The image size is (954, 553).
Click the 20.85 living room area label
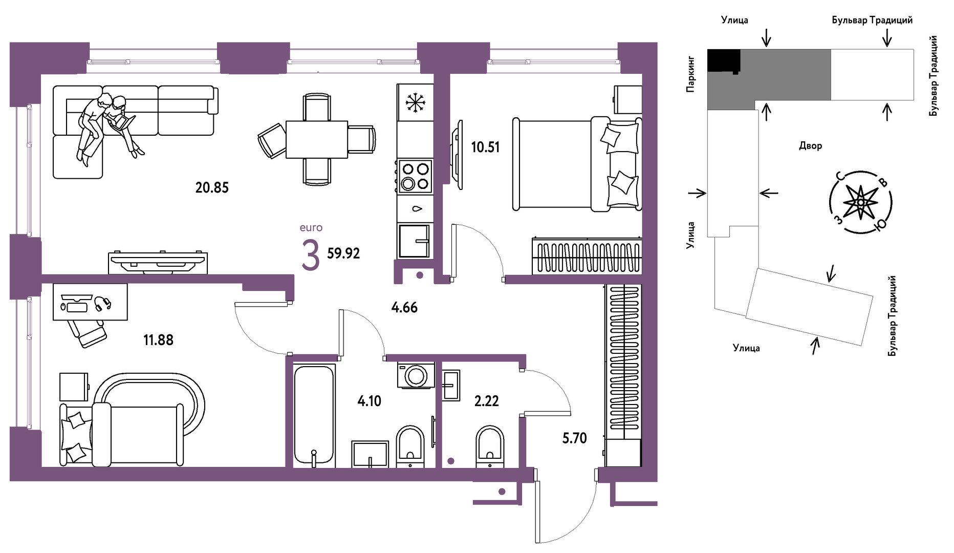(x=212, y=187)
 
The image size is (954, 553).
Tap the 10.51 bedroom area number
(x=485, y=147)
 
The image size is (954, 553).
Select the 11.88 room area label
(x=158, y=340)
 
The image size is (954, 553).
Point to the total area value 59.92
(x=343, y=253)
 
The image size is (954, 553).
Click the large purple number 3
(x=310, y=256)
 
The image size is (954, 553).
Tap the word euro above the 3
(x=311, y=228)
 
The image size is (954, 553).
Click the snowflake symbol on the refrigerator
(x=415, y=102)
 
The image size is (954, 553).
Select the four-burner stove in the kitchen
(x=415, y=176)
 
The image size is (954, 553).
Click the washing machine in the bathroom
(x=416, y=375)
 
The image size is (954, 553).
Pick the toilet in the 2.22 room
(x=490, y=446)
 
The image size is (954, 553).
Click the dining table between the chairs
(x=317, y=139)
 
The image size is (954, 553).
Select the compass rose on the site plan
(x=860, y=203)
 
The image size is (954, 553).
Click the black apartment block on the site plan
(x=724, y=60)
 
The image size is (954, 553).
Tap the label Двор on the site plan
(x=811, y=146)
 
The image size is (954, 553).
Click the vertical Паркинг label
(x=691, y=74)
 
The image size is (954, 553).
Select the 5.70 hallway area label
(x=574, y=438)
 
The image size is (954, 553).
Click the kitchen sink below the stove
(x=415, y=241)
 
